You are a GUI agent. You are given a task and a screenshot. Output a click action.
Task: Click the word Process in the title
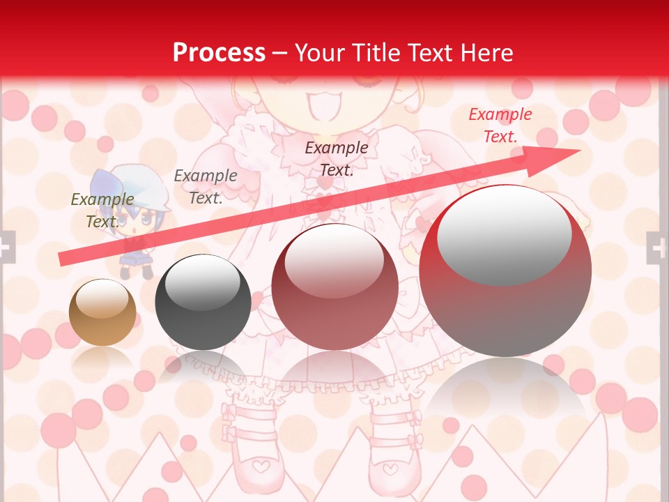tap(219, 52)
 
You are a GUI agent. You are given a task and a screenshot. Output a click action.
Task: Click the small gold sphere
tap(102, 312)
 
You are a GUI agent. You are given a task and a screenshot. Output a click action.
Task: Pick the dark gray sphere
tap(203, 302)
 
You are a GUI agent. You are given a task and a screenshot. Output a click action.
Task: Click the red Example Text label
tap(500, 125)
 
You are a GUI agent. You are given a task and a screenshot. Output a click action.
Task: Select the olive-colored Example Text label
tap(102, 210)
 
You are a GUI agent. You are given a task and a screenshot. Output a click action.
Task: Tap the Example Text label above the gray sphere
tap(205, 187)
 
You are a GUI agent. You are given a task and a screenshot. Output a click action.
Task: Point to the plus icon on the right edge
tap(657, 247)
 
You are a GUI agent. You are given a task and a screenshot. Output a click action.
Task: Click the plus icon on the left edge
tap(6, 247)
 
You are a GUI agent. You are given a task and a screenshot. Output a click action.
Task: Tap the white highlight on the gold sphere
tap(102, 301)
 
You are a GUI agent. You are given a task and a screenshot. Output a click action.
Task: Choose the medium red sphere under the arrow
tap(334, 286)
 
